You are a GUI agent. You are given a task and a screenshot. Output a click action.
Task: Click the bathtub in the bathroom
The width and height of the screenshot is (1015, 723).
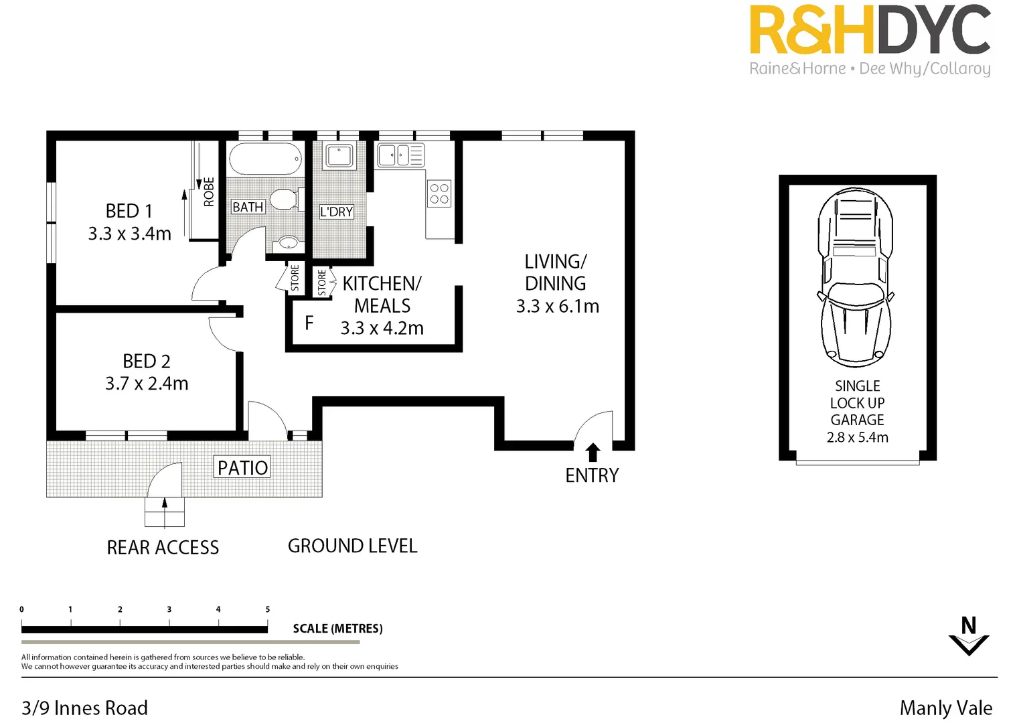tap(266, 159)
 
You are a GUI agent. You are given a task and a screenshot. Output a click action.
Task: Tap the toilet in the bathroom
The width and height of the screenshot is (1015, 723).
tap(285, 199)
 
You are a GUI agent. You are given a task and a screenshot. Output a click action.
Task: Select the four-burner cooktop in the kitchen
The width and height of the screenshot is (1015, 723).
tap(439, 193)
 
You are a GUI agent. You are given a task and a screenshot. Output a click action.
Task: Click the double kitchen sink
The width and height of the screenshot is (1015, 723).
tap(400, 155)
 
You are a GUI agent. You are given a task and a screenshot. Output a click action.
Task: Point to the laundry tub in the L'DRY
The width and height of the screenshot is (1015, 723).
tap(339, 156)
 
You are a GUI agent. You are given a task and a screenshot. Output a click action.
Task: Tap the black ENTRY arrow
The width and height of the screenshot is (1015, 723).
tap(593, 453)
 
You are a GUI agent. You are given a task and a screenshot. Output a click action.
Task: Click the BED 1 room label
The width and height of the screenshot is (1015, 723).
tap(129, 211)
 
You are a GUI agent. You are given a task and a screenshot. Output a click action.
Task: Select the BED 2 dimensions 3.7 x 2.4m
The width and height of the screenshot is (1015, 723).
tap(147, 384)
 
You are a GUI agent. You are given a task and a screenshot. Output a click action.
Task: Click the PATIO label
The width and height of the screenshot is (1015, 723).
tap(242, 467)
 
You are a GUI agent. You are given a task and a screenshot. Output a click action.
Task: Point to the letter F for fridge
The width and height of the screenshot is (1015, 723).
tap(309, 323)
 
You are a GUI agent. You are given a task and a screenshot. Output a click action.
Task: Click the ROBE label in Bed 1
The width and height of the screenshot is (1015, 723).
tap(209, 192)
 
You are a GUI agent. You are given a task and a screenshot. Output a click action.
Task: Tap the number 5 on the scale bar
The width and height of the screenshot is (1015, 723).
tap(268, 609)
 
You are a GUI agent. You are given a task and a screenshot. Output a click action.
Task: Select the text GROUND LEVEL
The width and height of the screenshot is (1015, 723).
tap(352, 546)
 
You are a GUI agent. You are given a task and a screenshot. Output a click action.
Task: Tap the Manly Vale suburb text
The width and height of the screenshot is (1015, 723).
tap(945, 708)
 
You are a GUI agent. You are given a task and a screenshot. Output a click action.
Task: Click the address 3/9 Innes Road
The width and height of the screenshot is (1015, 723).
tap(84, 708)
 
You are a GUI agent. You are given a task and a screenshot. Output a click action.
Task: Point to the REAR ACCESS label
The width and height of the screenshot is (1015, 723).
tap(163, 548)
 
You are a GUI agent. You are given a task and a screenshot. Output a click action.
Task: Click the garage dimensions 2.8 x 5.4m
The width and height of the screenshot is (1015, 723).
tap(857, 438)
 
